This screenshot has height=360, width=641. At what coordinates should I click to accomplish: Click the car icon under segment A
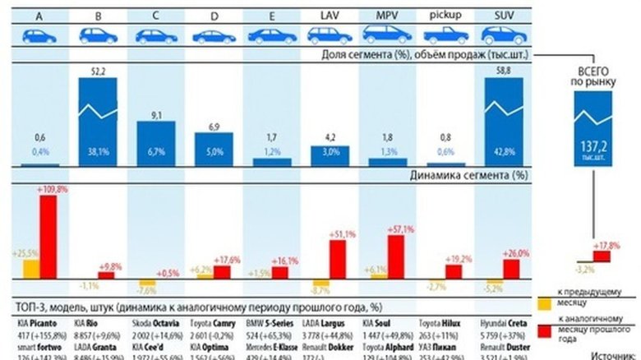pos(39,36)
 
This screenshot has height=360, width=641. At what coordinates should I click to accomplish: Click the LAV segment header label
pos(329,15)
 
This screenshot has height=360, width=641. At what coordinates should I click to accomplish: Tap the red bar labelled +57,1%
pos(396,257)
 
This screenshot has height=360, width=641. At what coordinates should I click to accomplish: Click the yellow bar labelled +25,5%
pos(30,270)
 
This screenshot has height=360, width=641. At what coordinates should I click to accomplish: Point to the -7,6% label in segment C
pos(149,291)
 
